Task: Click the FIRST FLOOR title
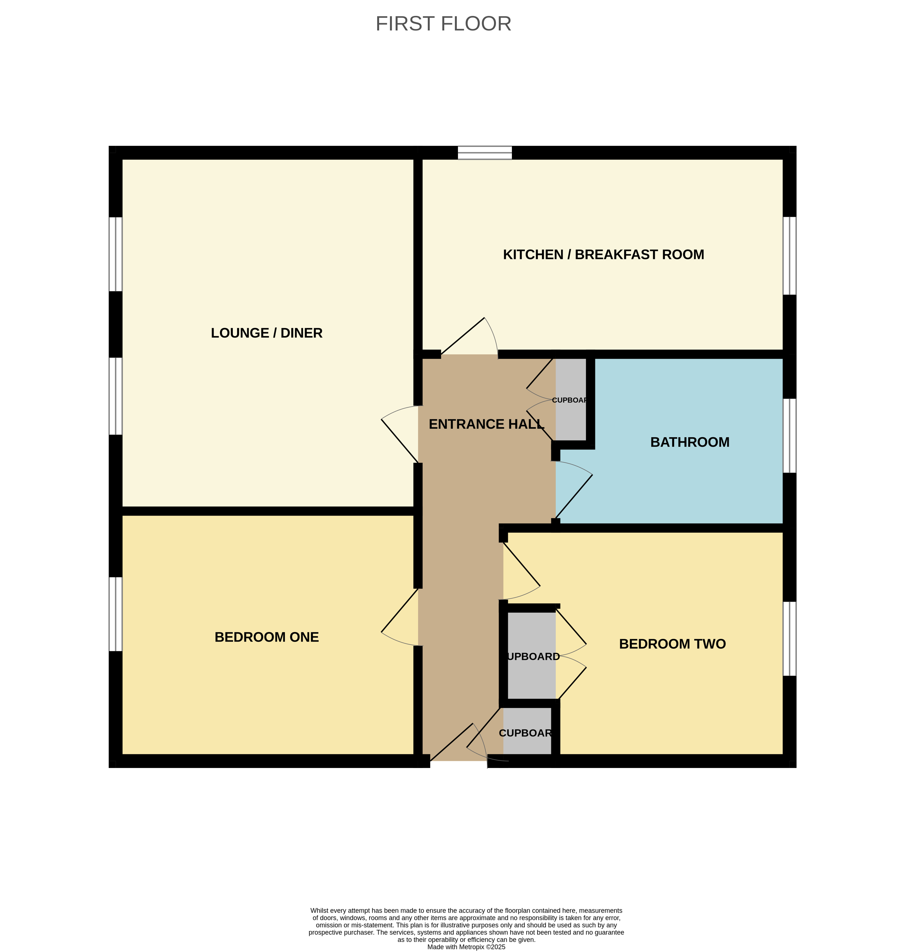coord(443,24)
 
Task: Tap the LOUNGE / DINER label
coord(267,333)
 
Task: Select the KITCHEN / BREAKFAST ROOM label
coord(604,255)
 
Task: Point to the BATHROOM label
coord(690,442)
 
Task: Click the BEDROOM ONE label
coord(267,637)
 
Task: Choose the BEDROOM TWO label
coord(672,644)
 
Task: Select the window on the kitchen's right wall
coord(789,255)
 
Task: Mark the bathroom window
coord(789,436)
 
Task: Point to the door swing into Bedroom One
coord(400,617)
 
